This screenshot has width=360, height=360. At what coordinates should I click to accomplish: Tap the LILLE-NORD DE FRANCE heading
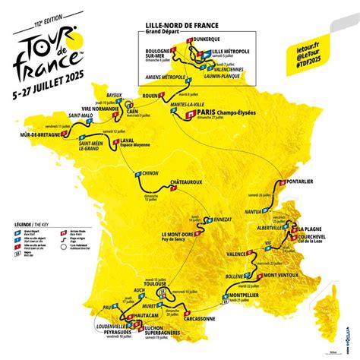tap(172, 24)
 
